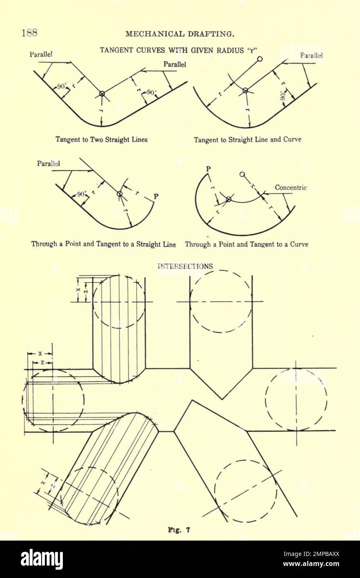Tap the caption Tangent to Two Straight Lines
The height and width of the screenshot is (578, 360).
point(102,140)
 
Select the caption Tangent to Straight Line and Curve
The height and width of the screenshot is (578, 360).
point(247,140)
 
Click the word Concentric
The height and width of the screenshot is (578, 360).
point(290,188)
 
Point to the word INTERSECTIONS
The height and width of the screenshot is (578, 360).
point(185,267)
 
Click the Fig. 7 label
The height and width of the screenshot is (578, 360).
point(179,530)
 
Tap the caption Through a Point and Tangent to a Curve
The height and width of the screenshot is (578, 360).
point(246,245)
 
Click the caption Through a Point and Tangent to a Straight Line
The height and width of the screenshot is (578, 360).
point(104,245)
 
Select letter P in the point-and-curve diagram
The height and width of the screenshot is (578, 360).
point(209,168)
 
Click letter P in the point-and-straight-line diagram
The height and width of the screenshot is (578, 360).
point(156,196)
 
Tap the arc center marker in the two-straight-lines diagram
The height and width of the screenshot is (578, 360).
point(102,94)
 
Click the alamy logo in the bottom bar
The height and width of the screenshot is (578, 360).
point(42,559)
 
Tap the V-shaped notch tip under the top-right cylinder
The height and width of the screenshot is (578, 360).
point(222,399)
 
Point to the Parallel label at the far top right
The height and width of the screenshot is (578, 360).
point(311,55)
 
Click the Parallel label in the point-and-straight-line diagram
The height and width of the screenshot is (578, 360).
point(48,163)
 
